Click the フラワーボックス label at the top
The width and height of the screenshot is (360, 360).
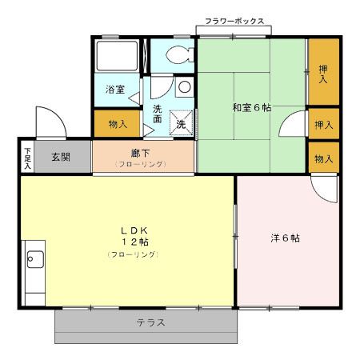[234, 22]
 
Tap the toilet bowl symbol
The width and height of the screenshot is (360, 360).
[179, 55]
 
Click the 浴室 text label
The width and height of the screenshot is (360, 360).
[115, 90]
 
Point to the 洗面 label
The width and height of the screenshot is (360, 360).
[158, 114]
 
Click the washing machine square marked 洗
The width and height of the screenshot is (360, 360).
[181, 125]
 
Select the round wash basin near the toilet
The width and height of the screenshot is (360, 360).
[184, 86]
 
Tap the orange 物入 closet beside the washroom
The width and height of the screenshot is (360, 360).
[117, 125]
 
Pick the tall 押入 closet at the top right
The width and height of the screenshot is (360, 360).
[323, 74]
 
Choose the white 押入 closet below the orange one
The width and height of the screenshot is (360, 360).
[323, 126]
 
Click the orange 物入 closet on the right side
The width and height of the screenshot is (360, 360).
[323, 158]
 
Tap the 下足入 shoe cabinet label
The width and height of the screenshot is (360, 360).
[27, 157]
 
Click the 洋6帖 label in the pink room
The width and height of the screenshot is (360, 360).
[286, 238]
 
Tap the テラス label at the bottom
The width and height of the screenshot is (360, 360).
[150, 323]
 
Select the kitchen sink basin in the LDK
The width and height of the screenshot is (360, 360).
[34, 258]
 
